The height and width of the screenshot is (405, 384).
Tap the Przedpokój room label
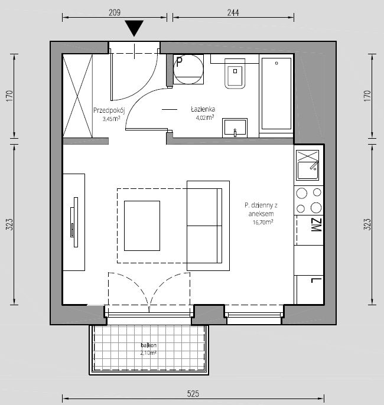109,110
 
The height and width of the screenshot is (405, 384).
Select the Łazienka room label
203,109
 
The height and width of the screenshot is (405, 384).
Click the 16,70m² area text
263,222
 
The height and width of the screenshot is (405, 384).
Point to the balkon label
149,345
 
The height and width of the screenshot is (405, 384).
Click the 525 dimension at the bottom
193,394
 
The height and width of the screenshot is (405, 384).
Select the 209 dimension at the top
115,12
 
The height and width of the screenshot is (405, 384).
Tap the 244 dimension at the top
233,12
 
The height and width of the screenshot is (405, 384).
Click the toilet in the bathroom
235,74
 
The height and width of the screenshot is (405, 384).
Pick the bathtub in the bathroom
276,93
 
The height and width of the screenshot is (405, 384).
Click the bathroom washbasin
235,128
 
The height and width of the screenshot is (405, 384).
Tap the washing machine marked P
188,69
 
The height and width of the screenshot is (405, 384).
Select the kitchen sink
308,165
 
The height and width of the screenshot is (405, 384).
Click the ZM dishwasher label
316,225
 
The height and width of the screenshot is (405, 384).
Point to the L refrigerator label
316,280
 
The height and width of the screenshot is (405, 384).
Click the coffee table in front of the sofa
142,226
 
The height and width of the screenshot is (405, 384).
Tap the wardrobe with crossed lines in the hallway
78,96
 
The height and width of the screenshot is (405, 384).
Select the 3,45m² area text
112,119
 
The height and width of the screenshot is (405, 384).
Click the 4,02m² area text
205,118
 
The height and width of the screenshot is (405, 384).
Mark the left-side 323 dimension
9,224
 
